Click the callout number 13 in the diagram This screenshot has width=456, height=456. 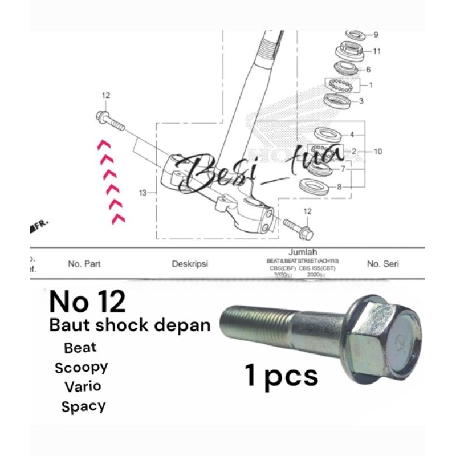143,193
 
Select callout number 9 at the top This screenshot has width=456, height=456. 375,35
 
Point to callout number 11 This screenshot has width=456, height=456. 377,51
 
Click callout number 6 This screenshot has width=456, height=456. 368,70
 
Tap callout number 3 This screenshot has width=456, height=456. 361,101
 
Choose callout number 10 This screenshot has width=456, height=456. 378,152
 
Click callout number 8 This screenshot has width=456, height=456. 340,186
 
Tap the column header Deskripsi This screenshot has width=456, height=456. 190,264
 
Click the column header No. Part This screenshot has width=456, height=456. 84,264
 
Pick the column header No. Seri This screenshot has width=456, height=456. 383,264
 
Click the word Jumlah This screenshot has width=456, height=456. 303,252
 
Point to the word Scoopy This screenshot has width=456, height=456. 81,367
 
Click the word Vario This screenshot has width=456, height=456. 83,386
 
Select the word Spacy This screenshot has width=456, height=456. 83,406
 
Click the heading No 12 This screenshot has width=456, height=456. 87,302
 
